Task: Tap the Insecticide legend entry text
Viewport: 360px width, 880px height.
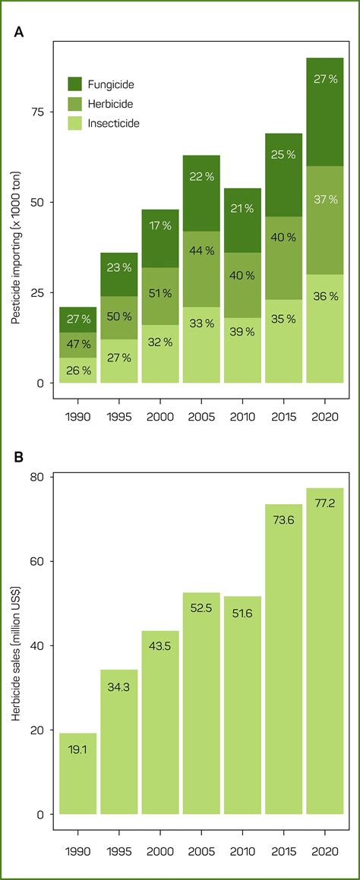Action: [117, 122]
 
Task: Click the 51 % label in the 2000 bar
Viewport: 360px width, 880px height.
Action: [159, 294]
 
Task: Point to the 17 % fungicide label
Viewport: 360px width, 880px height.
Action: [159, 226]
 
